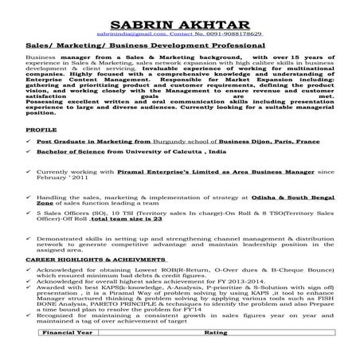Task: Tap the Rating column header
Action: click(216, 354)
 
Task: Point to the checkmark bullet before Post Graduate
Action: click(29, 139)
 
